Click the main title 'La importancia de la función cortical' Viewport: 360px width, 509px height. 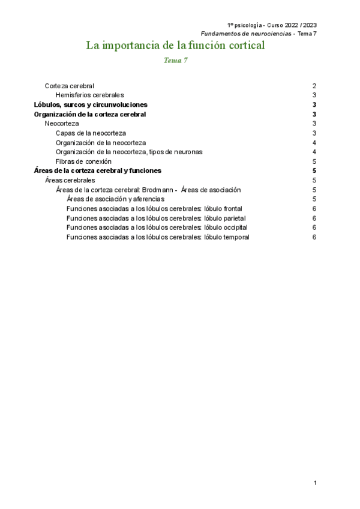(175, 46)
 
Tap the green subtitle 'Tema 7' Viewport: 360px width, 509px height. (176, 61)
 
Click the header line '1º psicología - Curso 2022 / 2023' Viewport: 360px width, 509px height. (272, 25)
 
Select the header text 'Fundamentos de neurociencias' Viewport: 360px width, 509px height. (245, 33)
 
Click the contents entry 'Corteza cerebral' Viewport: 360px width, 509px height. (69, 86)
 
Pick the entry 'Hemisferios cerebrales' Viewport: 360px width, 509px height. (89, 95)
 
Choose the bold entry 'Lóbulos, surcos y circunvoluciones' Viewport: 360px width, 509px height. (91, 104)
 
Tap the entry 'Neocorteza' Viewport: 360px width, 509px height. (62, 124)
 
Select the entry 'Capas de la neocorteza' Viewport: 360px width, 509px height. (91, 133)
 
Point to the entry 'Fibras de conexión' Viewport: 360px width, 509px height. (83, 161)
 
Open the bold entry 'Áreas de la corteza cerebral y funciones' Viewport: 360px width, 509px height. (97, 171)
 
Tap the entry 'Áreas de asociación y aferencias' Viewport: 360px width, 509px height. (116, 199)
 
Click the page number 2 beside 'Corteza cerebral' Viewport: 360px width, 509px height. (314, 86)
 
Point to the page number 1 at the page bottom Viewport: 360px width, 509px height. (314, 483)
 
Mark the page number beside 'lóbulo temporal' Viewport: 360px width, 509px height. (314, 237)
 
